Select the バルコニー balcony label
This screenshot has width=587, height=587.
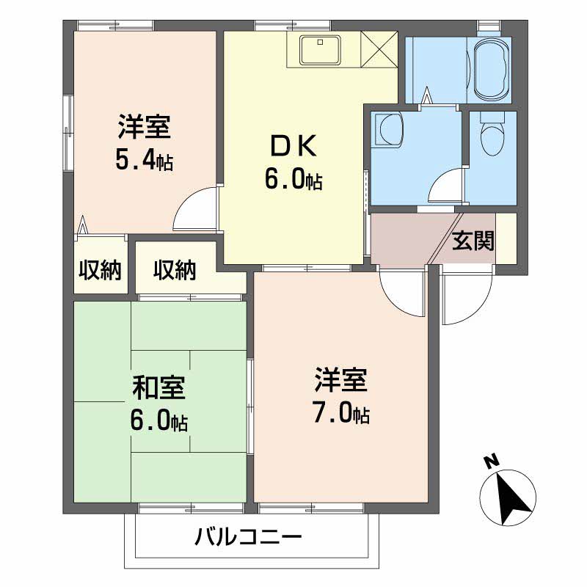pyautogui.click(x=248, y=537)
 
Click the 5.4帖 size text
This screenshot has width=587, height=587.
pyautogui.click(x=144, y=160)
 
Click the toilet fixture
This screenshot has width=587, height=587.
pyautogui.click(x=488, y=135)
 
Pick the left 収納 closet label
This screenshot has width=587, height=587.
pyautogui.click(x=100, y=269)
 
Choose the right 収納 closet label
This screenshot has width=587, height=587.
pyautogui.click(x=175, y=269)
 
